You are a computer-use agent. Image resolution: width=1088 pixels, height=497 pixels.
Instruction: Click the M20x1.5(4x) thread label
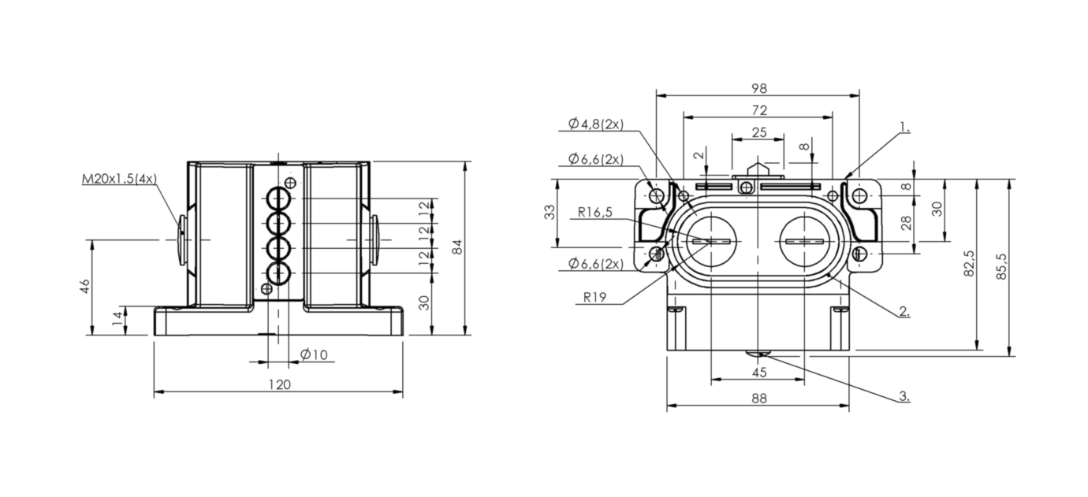tap(119, 179)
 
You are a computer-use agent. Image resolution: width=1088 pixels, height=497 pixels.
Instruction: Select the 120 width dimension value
tap(280, 385)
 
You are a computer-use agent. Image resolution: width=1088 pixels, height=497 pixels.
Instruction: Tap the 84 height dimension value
tap(457, 247)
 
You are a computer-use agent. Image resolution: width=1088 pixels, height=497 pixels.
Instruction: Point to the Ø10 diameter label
tap(314, 354)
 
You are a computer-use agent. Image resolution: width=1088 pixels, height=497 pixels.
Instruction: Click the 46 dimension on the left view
tap(85, 286)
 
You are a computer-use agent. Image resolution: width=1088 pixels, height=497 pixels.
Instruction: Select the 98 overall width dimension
tap(759, 88)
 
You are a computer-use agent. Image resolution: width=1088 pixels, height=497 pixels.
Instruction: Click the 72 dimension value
tap(759, 110)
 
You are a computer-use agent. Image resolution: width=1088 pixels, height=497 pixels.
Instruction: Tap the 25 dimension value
tap(759, 132)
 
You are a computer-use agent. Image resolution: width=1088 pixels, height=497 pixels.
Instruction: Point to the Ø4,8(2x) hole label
tap(596, 124)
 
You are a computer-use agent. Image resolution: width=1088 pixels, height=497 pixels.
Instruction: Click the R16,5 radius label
tap(595, 212)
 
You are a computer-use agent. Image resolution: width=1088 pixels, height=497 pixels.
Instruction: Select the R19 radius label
tap(594, 297)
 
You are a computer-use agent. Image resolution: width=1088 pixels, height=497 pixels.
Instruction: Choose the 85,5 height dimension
tap(1001, 266)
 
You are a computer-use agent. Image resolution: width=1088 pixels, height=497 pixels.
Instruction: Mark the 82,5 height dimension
tap(968, 264)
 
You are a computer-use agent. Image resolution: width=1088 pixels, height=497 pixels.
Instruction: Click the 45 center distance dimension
tap(759, 373)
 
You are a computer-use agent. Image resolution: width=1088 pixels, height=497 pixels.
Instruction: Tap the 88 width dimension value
tap(759, 399)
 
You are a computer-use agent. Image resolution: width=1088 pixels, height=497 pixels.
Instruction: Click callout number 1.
tap(904, 127)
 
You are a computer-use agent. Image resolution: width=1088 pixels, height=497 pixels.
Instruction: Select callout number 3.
tap(904, 396)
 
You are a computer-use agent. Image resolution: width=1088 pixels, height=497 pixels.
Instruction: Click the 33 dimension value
tap(550, 212)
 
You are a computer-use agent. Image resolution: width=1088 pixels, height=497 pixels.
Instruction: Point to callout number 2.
tap(904, 311)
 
